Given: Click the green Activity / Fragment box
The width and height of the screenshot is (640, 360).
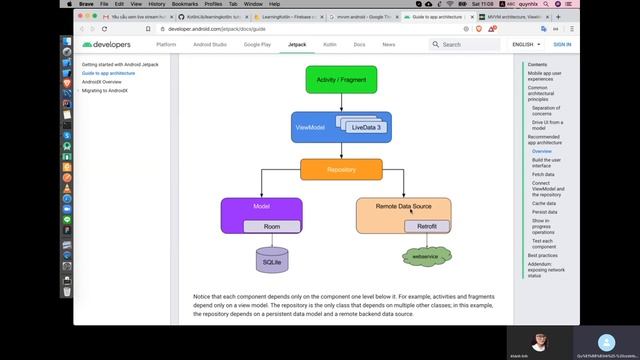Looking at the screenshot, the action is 341,80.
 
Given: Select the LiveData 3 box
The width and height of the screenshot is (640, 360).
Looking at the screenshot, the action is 367,128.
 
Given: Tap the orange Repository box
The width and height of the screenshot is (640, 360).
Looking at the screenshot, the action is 341,170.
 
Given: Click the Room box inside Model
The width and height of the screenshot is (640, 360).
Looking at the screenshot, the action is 272,227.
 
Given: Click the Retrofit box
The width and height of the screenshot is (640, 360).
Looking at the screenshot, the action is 427,227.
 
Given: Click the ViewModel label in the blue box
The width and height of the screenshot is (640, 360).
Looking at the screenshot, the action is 309,128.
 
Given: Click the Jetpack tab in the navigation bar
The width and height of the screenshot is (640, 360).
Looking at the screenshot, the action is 297,45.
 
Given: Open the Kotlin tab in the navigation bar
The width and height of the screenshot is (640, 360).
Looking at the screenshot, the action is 329,45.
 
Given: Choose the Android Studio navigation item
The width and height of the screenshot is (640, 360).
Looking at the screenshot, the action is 209,45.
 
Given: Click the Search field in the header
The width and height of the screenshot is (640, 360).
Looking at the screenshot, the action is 468,45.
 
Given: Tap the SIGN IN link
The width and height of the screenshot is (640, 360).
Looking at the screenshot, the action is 562,45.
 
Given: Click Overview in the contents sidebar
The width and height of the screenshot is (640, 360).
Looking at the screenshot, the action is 541,151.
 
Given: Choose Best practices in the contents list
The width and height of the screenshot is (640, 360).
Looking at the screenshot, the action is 543,256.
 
